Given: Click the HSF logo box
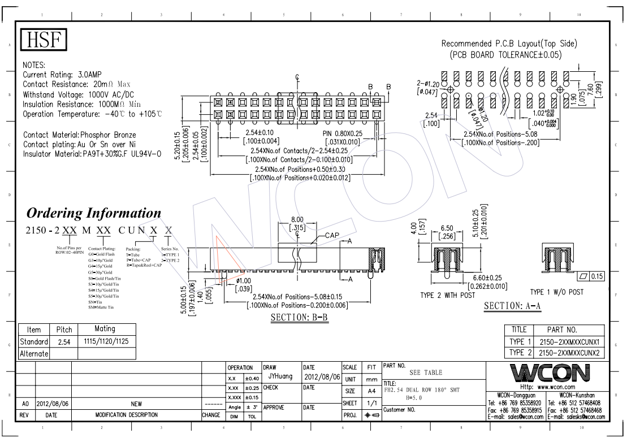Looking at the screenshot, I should pyautogui.click(x=44, y=40).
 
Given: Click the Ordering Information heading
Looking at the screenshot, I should pyautogui.click(x=94, y=213).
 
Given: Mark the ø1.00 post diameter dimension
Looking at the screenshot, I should pyautogui.click(x=243, y=280).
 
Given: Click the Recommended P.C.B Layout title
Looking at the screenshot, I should pyautogui.click(x=509, y=44).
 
